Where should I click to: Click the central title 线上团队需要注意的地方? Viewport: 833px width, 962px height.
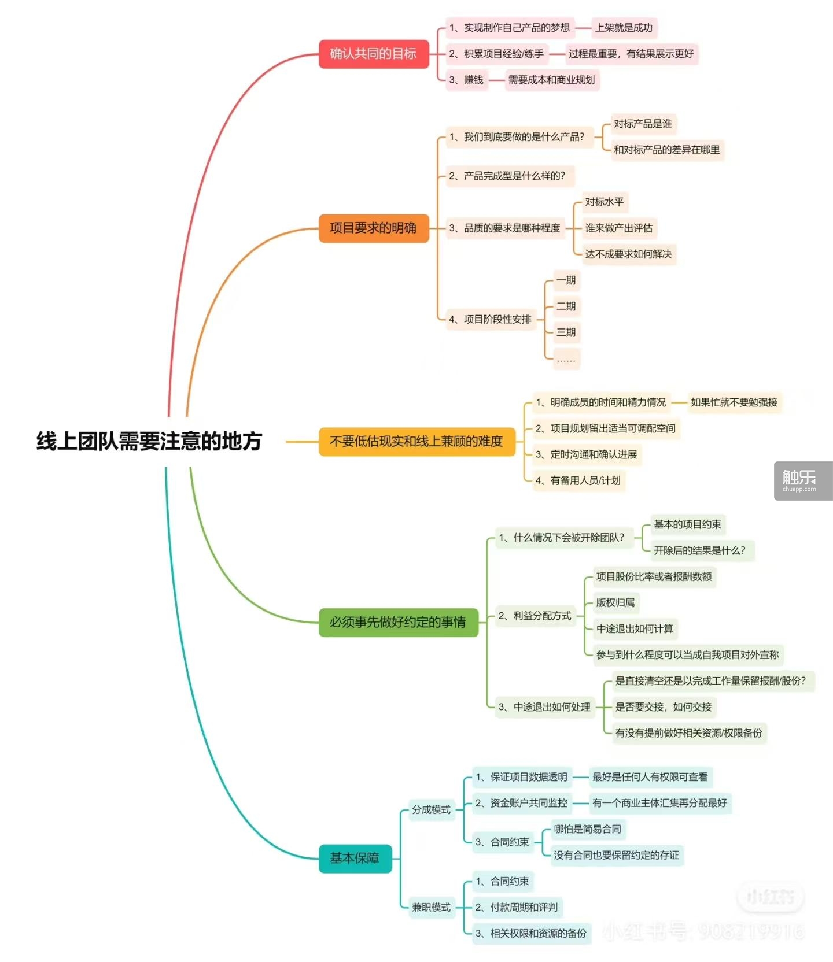point(149,441)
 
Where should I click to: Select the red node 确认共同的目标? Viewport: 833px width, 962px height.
point(374,54)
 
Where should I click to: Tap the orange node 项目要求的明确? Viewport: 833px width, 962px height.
point(374,228)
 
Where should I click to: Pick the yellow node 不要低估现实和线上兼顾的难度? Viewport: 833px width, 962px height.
point(417,442)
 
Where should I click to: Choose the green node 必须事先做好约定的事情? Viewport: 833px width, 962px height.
point(399,622)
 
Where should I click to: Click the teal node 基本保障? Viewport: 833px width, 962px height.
point(355,858)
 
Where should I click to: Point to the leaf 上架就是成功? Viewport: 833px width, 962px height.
point(624,28)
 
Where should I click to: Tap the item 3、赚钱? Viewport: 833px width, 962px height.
point(466,80)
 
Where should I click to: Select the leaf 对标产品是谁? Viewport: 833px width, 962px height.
point(643,124)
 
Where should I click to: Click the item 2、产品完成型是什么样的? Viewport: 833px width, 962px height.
point(508,176)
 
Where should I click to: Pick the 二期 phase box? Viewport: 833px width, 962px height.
point(566,306)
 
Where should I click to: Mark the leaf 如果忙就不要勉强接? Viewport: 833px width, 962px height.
point(734,402)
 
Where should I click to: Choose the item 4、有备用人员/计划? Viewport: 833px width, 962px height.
point(578,480)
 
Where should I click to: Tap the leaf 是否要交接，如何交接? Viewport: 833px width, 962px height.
point(664,707)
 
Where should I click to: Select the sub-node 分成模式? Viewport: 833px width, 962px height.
point(432,810)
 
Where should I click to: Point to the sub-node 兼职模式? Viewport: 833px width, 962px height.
point(432,908)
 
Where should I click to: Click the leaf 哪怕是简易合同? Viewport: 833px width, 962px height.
point(588,829)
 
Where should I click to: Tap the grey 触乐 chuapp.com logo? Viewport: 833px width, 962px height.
point(803,481)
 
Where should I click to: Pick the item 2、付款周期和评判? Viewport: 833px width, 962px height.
point(517,908)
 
